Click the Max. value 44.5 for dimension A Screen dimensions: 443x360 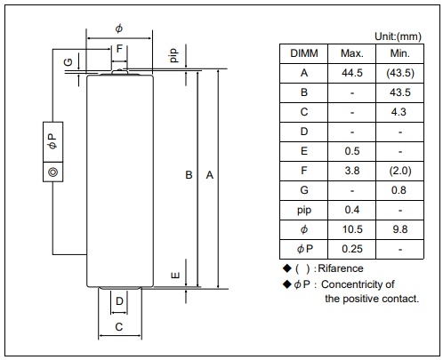(x=352, y=73)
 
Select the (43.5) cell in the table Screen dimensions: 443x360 (x=400, y=73)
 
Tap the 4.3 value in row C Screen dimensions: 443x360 (x=399, y=112)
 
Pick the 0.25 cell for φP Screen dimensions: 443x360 (x=352, y=249)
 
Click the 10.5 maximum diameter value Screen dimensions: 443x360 (x=352, y=229)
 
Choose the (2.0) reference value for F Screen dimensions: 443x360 (x=400, y=171)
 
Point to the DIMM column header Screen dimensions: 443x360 (x=304, y=53)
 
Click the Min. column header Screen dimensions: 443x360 (x=399, y=53)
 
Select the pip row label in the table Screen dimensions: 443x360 (x=304, y=211)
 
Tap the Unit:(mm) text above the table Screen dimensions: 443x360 (x=398, y=36)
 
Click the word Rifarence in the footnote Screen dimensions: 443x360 (x=341, y=268)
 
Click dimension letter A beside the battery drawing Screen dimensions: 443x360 (x=210, y=175)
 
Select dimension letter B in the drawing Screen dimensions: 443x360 (x=189, y=175)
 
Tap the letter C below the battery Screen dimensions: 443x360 (x=119, y=327)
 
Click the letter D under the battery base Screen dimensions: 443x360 (x=119, y=301)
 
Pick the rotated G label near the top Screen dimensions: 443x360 (x=68, y=62)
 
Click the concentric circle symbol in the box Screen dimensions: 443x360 (x=52, y=172)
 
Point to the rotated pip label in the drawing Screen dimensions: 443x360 (x=173, y=55)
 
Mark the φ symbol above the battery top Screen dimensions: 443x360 (x=118, y=28)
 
